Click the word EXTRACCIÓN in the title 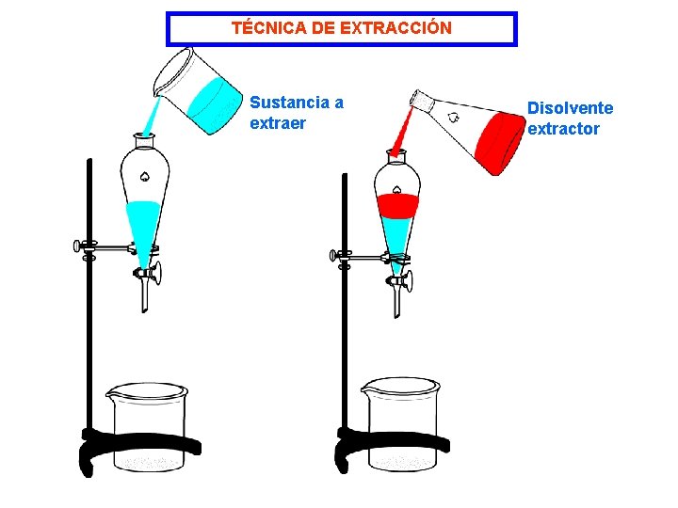pyautogui.click(x=395, y=28)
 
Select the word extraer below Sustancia pyautogui.click(x=278, y=123)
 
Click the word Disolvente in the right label pyautogui.click(x=570, y=108)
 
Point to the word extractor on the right pyautogui.click(x=563, y=129)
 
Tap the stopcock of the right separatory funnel pyautogui.click(x=402, y=279)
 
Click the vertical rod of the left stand pyautogui.click(x=89, y=310)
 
